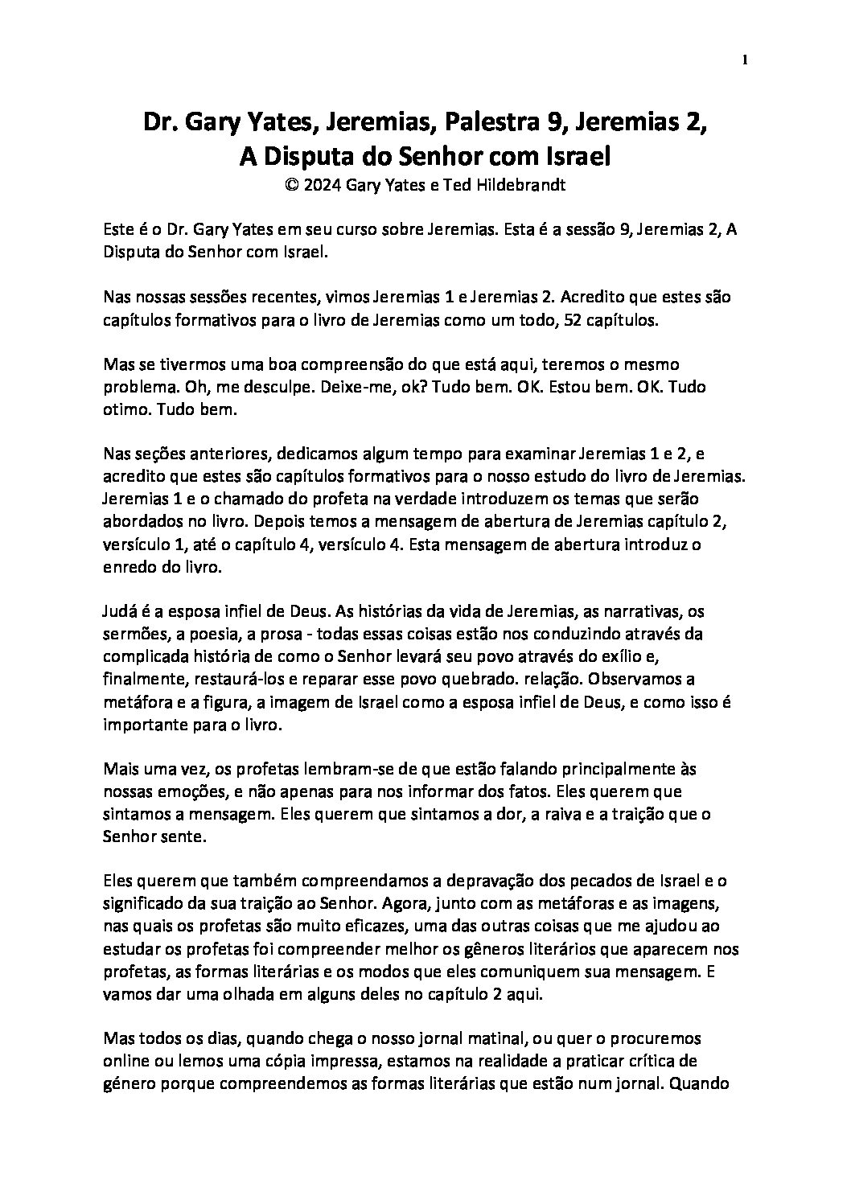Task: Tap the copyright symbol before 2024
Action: [290, 184]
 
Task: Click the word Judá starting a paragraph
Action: [121, 610]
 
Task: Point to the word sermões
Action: [134, 634]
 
